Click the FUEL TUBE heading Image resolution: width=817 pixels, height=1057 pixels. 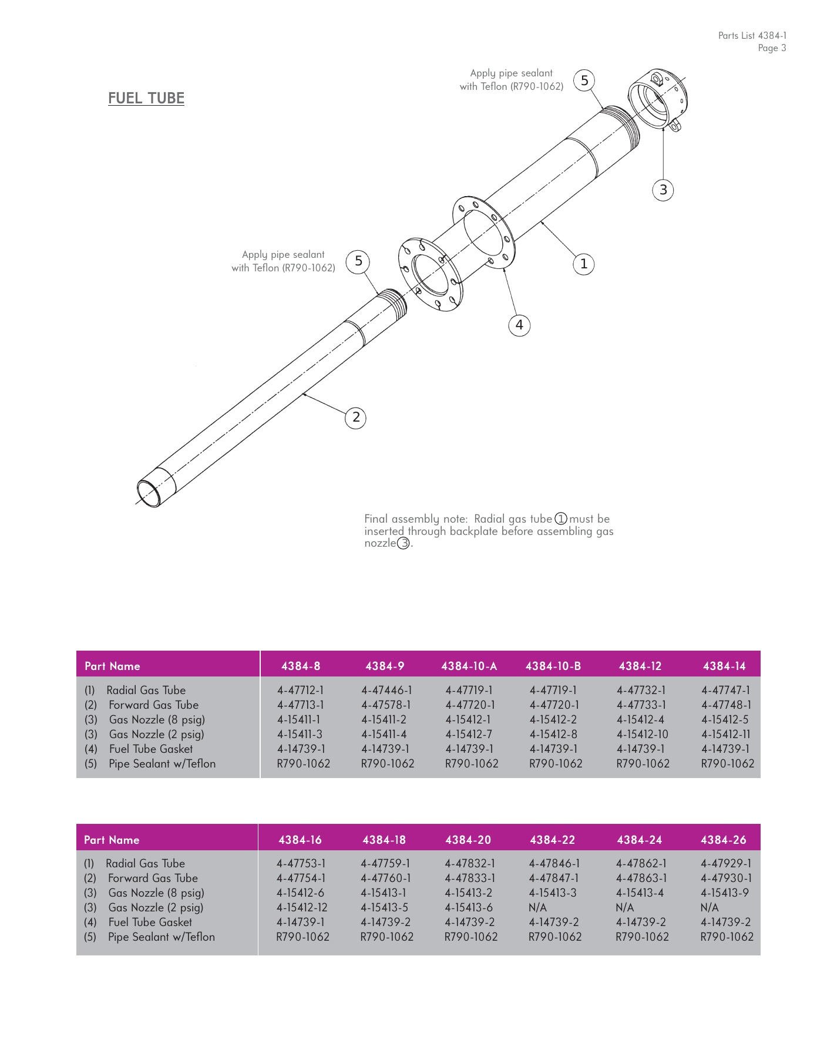(146, 98)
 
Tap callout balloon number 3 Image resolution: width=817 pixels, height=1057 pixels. (663, 190)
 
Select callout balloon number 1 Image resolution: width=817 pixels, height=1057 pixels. (583, 264)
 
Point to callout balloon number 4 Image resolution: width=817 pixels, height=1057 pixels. (519, 325)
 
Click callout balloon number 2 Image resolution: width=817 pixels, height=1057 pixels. (355, 418)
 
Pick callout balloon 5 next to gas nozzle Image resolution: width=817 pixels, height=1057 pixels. (584, 80)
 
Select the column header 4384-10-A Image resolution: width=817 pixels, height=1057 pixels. (469, 666)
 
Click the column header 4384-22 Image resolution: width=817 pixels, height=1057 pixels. (552, 840)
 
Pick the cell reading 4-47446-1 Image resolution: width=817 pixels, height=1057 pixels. (386, 691)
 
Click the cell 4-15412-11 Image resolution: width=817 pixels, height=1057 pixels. (725, 735)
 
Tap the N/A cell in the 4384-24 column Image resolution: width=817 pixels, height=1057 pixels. (624, 908)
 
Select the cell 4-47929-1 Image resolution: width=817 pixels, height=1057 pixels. (725, 864)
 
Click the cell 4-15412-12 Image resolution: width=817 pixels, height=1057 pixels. (302, 908)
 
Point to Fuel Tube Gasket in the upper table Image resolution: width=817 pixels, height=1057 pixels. (150, 749)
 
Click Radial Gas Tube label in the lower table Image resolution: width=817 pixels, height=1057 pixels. (145, 864)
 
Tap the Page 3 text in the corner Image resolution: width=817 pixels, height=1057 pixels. (771, 48)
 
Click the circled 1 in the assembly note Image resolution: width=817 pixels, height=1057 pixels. (561, 519)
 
